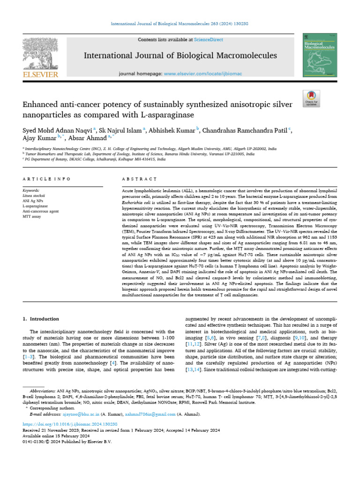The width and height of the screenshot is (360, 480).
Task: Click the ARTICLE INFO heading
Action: click(46, 179)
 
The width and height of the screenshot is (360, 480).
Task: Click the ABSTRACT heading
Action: click(139, 179)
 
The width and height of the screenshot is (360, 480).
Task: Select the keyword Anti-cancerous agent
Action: click(41, 211)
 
